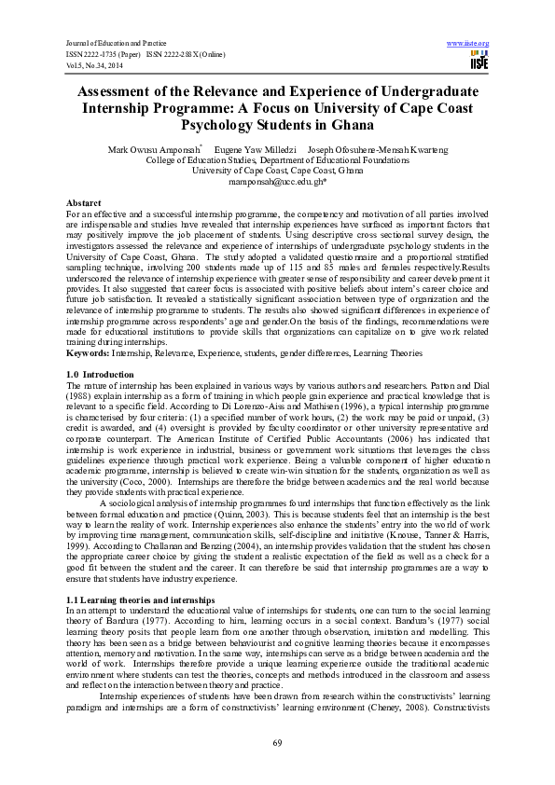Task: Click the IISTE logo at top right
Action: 474,59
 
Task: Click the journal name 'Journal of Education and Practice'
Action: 116,44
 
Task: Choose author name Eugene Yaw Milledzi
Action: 256,149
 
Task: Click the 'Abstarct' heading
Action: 84,202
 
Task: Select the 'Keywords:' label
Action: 89,327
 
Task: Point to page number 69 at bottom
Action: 277,742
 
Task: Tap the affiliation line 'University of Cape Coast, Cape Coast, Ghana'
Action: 277,171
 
